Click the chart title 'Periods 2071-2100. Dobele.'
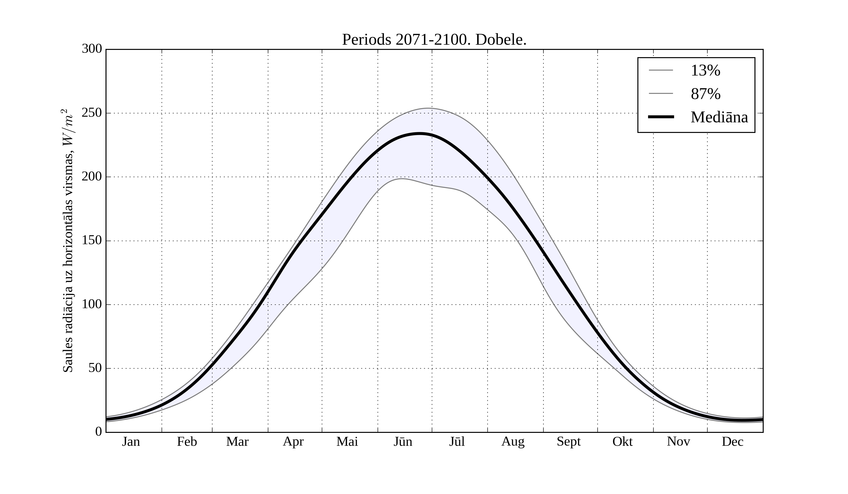coord(434,40)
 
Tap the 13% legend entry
coord(705,71)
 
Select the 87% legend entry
coord(705,94)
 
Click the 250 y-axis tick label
coord(92,113)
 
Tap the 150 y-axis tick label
coord(92,241)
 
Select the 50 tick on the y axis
coord(95,368)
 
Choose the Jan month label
coord(131,442)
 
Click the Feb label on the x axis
coord(187,442)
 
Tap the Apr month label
coord(293,442)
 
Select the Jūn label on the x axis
coord(403,442)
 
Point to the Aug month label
coord(513,442)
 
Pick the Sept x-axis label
coord(569,442)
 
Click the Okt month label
coord(623,442)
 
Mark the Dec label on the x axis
coord(733,442)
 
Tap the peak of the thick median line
coord(420,134)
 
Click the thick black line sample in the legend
coord(661,117)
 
